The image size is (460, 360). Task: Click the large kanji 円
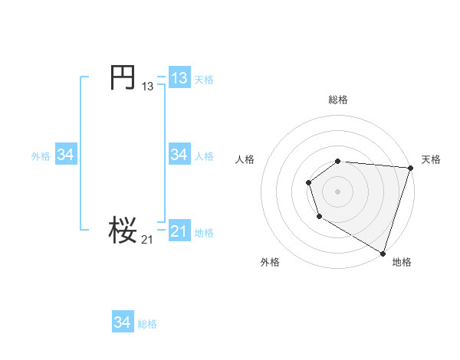click(x=123, y=77)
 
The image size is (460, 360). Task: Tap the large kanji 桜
click(x=123, y=229)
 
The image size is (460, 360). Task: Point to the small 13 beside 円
click(x=148, y=87)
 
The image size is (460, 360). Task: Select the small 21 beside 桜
click(x=147, y=240)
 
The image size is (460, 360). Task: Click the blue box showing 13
click(x=179, y=78)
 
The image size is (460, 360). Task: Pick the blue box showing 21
click(x=179, y=231)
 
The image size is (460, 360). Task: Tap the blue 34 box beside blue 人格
click(x=179, y=155)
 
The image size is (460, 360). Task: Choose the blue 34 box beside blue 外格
click(x=65, y=155)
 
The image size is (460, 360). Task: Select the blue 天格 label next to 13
click(x=204, y=80)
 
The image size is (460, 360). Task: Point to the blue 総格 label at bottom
click(x=147, y=324)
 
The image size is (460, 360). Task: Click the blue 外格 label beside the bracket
click(x=41, y=156)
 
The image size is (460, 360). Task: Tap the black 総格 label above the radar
click(x=338, y=100)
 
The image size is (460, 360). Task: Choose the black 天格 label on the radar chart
click(x=431, y=159)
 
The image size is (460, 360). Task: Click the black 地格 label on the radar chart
click(x=402, y=262)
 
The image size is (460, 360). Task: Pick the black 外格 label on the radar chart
click(x=270, y=262)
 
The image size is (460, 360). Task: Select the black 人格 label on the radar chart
click(x=245, y=159)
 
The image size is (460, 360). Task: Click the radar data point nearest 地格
click(x=383, y=252)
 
